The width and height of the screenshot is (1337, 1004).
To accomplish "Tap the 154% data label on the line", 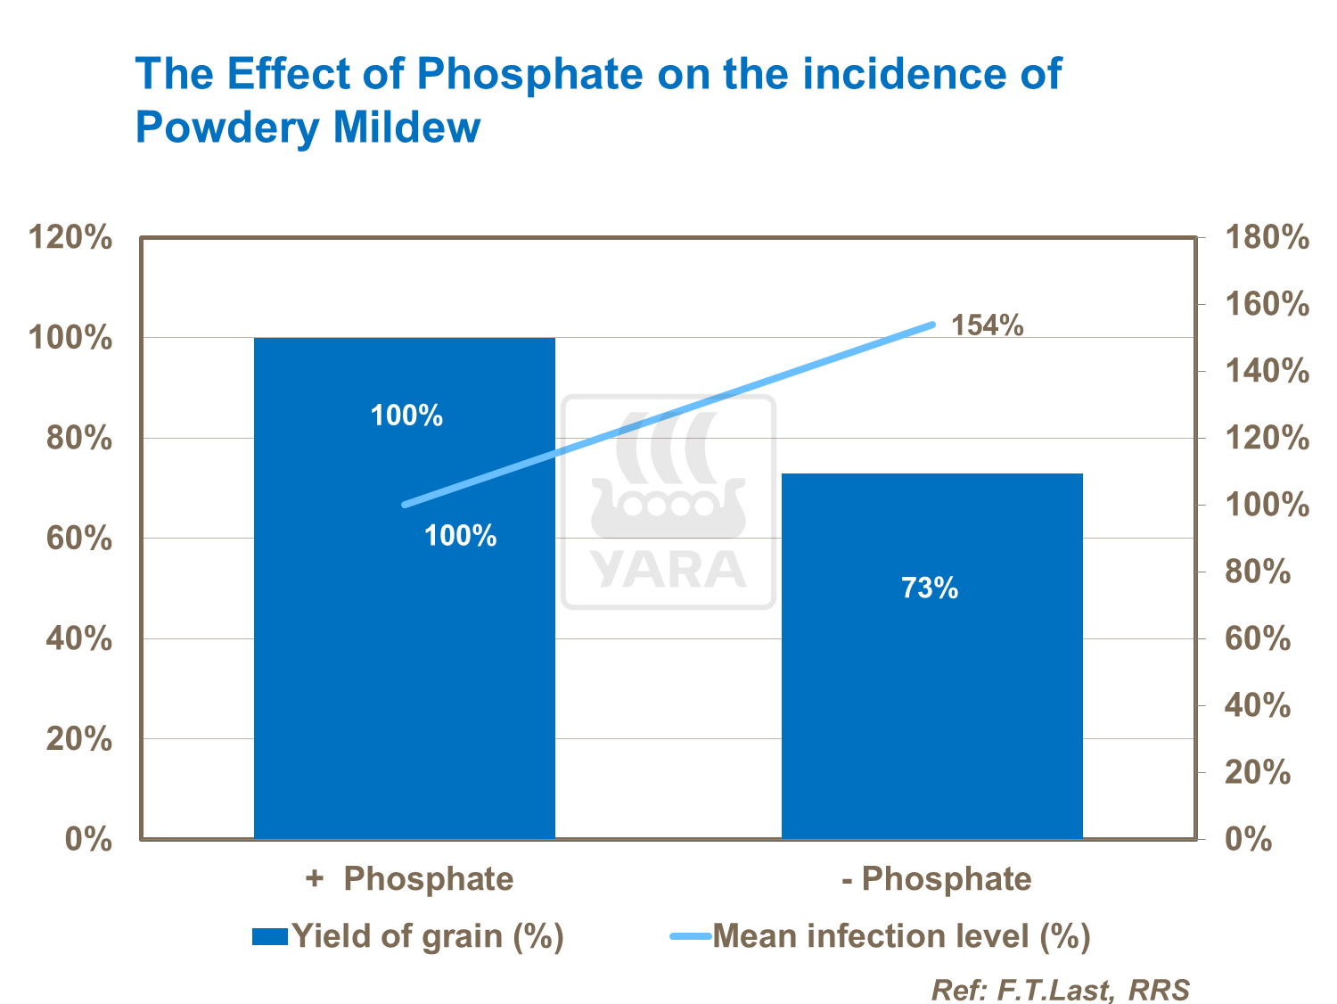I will click(987, 325).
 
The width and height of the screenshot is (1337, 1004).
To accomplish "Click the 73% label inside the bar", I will click(930, 588).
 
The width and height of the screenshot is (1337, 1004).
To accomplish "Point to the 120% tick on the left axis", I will click(70, 238).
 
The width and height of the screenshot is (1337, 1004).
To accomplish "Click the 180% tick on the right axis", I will click(1267, 238).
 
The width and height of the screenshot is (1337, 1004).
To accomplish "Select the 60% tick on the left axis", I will click(78, 539).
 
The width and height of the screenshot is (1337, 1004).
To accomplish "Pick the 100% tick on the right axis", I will click(1267, 506).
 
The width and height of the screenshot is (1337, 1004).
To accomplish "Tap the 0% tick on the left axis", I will click(88, 840).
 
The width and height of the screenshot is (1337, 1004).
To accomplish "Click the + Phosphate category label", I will click(409, 879).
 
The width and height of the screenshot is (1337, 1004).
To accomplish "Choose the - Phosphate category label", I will click(937, 879).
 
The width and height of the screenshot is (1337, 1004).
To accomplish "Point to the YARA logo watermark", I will click(668, 502).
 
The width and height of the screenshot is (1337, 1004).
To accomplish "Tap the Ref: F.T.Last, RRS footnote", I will click(1060, 990).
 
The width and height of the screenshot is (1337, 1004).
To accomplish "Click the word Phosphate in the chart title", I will click(529, 73).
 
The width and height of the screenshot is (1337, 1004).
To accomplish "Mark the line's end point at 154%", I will click(932, 325).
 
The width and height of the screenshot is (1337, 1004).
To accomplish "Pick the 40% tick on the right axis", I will click(1258, 706).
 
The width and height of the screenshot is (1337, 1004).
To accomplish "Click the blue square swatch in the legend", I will click(269, 936).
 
